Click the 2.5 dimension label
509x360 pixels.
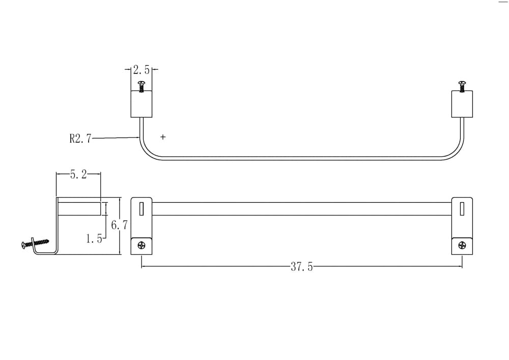(x=142, y=70)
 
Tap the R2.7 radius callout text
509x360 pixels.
(x=80, y=139)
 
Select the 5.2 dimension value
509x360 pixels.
(x=78, y=175)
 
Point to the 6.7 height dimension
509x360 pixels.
(x=120, y=225)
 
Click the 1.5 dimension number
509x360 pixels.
(x=94, y=239)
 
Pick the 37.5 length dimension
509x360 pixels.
(x=302, y=267)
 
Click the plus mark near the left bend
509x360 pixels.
(x=163, y=137)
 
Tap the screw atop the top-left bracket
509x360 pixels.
(x=141, y=87)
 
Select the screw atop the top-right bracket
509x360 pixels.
(x=462, y=87)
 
